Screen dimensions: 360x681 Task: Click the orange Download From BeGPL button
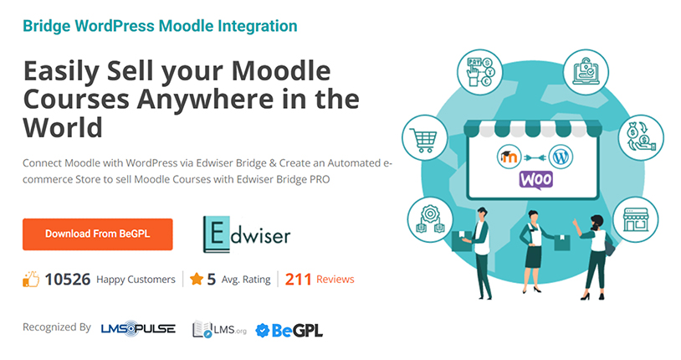tap(97, 234)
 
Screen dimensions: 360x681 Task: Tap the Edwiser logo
tap(247, 234)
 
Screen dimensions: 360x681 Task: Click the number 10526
tap(68, 280)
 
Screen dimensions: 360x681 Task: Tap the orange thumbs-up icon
tap(32, 280)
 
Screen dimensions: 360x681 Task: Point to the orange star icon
tap(196, 279)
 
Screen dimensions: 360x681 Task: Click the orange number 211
tap(299, 279)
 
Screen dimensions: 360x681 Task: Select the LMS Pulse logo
tap(137, 329)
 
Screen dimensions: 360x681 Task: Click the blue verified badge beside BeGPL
tap(262, 330)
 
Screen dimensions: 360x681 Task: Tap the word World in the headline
tap(63, 127)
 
